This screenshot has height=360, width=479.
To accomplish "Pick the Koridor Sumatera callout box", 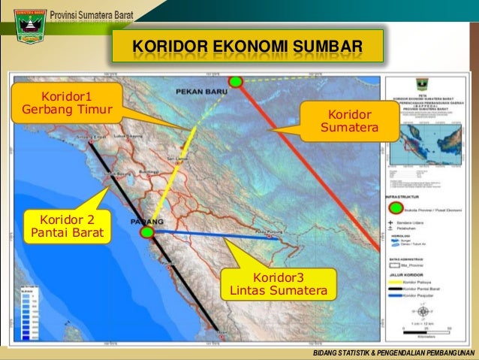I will [x=349, y=123].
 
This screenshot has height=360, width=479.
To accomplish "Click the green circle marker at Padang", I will [x=146, y=233].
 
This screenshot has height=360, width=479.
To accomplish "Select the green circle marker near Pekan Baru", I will [x=236, y=81].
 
